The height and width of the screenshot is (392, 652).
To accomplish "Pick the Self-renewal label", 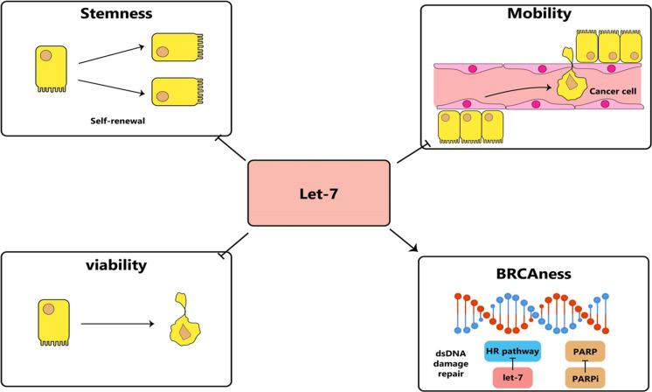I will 116,122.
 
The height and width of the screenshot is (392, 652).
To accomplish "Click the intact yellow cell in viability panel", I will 50,322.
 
